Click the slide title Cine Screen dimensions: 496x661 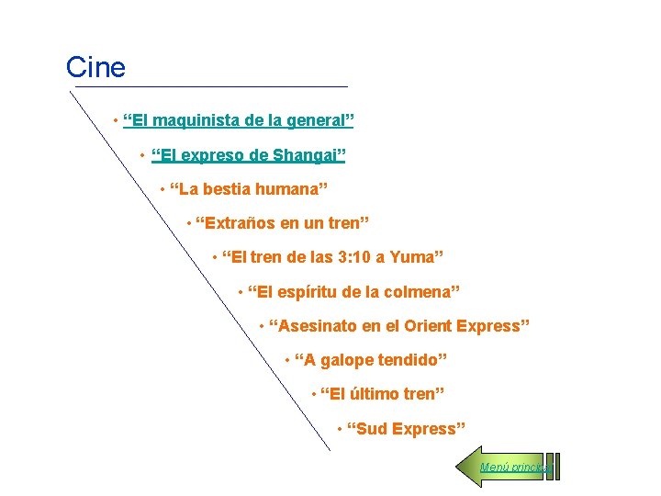(x=95, y=67)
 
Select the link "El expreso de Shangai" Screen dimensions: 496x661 (x=248, y=154)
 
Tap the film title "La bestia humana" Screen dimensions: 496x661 (x=249, y=189)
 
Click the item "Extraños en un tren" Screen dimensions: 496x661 (x=282, y=223)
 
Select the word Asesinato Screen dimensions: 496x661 (x=317, y=326)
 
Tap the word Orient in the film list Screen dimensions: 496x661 (x=427, y=326)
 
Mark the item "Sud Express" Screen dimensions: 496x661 (x=406, y=429)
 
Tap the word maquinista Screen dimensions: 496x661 (x=191, y=120)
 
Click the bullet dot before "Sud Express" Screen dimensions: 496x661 (x=340, y=429)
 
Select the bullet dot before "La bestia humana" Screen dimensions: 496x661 (x=162, y=190)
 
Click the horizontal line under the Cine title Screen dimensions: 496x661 (x=211, y=87)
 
